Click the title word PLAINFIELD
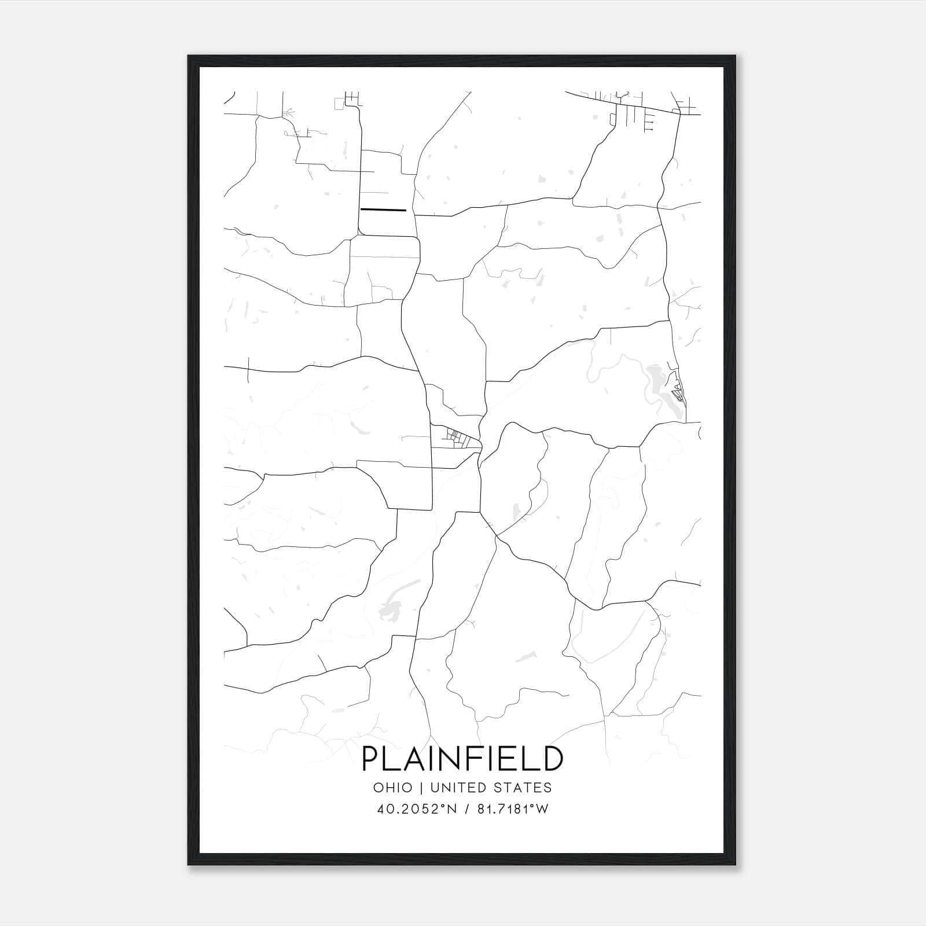pos(462,759)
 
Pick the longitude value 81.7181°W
pos(511,809)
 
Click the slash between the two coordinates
pos(466,809)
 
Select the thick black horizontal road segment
pos(383,210)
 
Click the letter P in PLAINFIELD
pos(370,759)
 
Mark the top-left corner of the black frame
pos(189,56)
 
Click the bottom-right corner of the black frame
pos(736,865)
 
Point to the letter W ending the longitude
pos(542,809)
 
